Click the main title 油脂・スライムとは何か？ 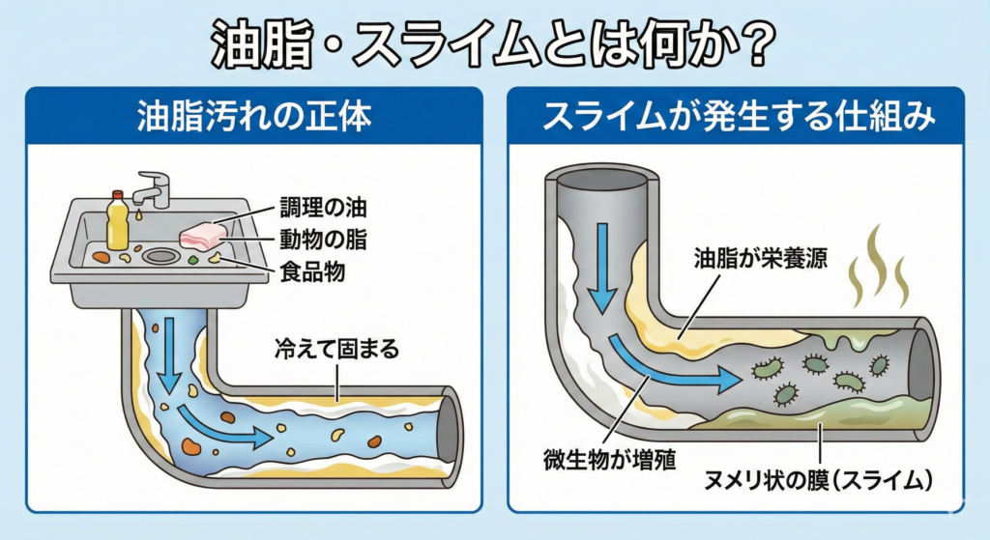point(495,43)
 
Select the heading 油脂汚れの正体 point(254,118)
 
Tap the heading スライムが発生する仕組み point(737,118)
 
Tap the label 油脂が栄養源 point(761,259)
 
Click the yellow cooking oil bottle point(117,221)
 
